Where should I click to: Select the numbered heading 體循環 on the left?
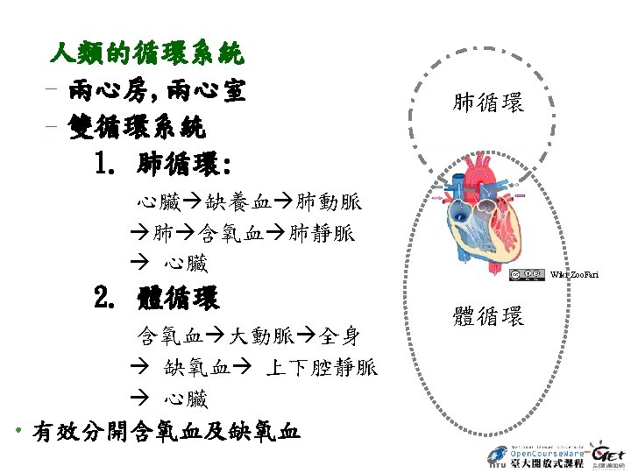pyautogui.click(x=178, y=299)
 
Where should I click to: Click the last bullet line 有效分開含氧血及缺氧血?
pyautogui.click(x=166, y=432)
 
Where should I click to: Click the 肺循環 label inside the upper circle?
pyautogui.click(x=488, y=103)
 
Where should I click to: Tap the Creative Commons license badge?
pyautogui.click(x=526, y=275)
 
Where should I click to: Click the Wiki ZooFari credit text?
pyautogui.click(x=575, y=276)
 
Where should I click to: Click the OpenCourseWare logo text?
pyautogui.click(x=534, y=453)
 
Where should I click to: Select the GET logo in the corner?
pyautogui.click(x=608, y=454)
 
